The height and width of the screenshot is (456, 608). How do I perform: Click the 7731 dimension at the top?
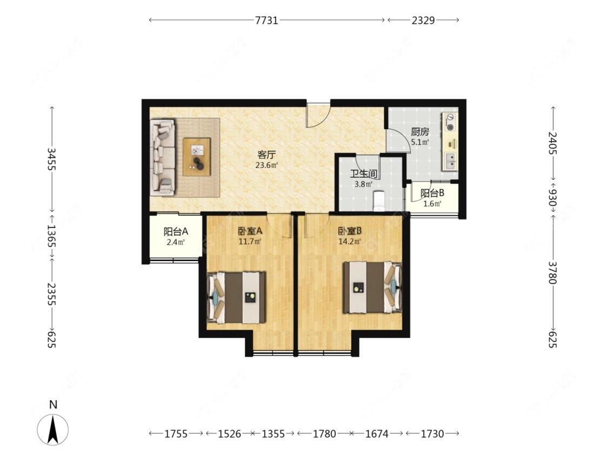[x=266, y=20]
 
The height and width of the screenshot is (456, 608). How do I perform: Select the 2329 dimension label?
[x=423, y=20]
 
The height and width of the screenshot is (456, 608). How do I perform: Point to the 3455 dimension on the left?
[x=51, y=159]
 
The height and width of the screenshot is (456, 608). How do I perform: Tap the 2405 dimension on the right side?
[x=552, y=143]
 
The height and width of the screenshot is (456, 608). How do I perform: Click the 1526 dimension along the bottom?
[x=229, y=433]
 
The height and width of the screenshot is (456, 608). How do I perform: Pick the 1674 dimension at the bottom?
[x=377, y=433]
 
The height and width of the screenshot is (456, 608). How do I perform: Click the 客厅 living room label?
[x=266, y=155]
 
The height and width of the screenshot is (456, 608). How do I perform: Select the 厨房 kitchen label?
[x=420, y=132]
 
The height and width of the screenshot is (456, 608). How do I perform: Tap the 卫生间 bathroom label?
[x=363, y=174]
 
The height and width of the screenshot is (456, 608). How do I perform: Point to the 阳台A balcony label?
[x=176, y=231]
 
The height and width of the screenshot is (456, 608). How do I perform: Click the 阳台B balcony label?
[x=432, y=193]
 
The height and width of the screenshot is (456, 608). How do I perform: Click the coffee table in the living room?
[x=197, y=157]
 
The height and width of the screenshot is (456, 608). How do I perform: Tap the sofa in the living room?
[x=163, y=157]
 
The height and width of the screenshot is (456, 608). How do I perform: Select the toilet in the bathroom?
[x=378, y=201]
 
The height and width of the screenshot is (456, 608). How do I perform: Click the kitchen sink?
[x=451, y=162]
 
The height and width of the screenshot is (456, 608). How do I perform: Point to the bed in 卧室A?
[x=236, y=297]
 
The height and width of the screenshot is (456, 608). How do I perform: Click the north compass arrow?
[x=53, y=429]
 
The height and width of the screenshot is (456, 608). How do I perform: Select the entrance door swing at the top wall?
[x=318, y=115]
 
